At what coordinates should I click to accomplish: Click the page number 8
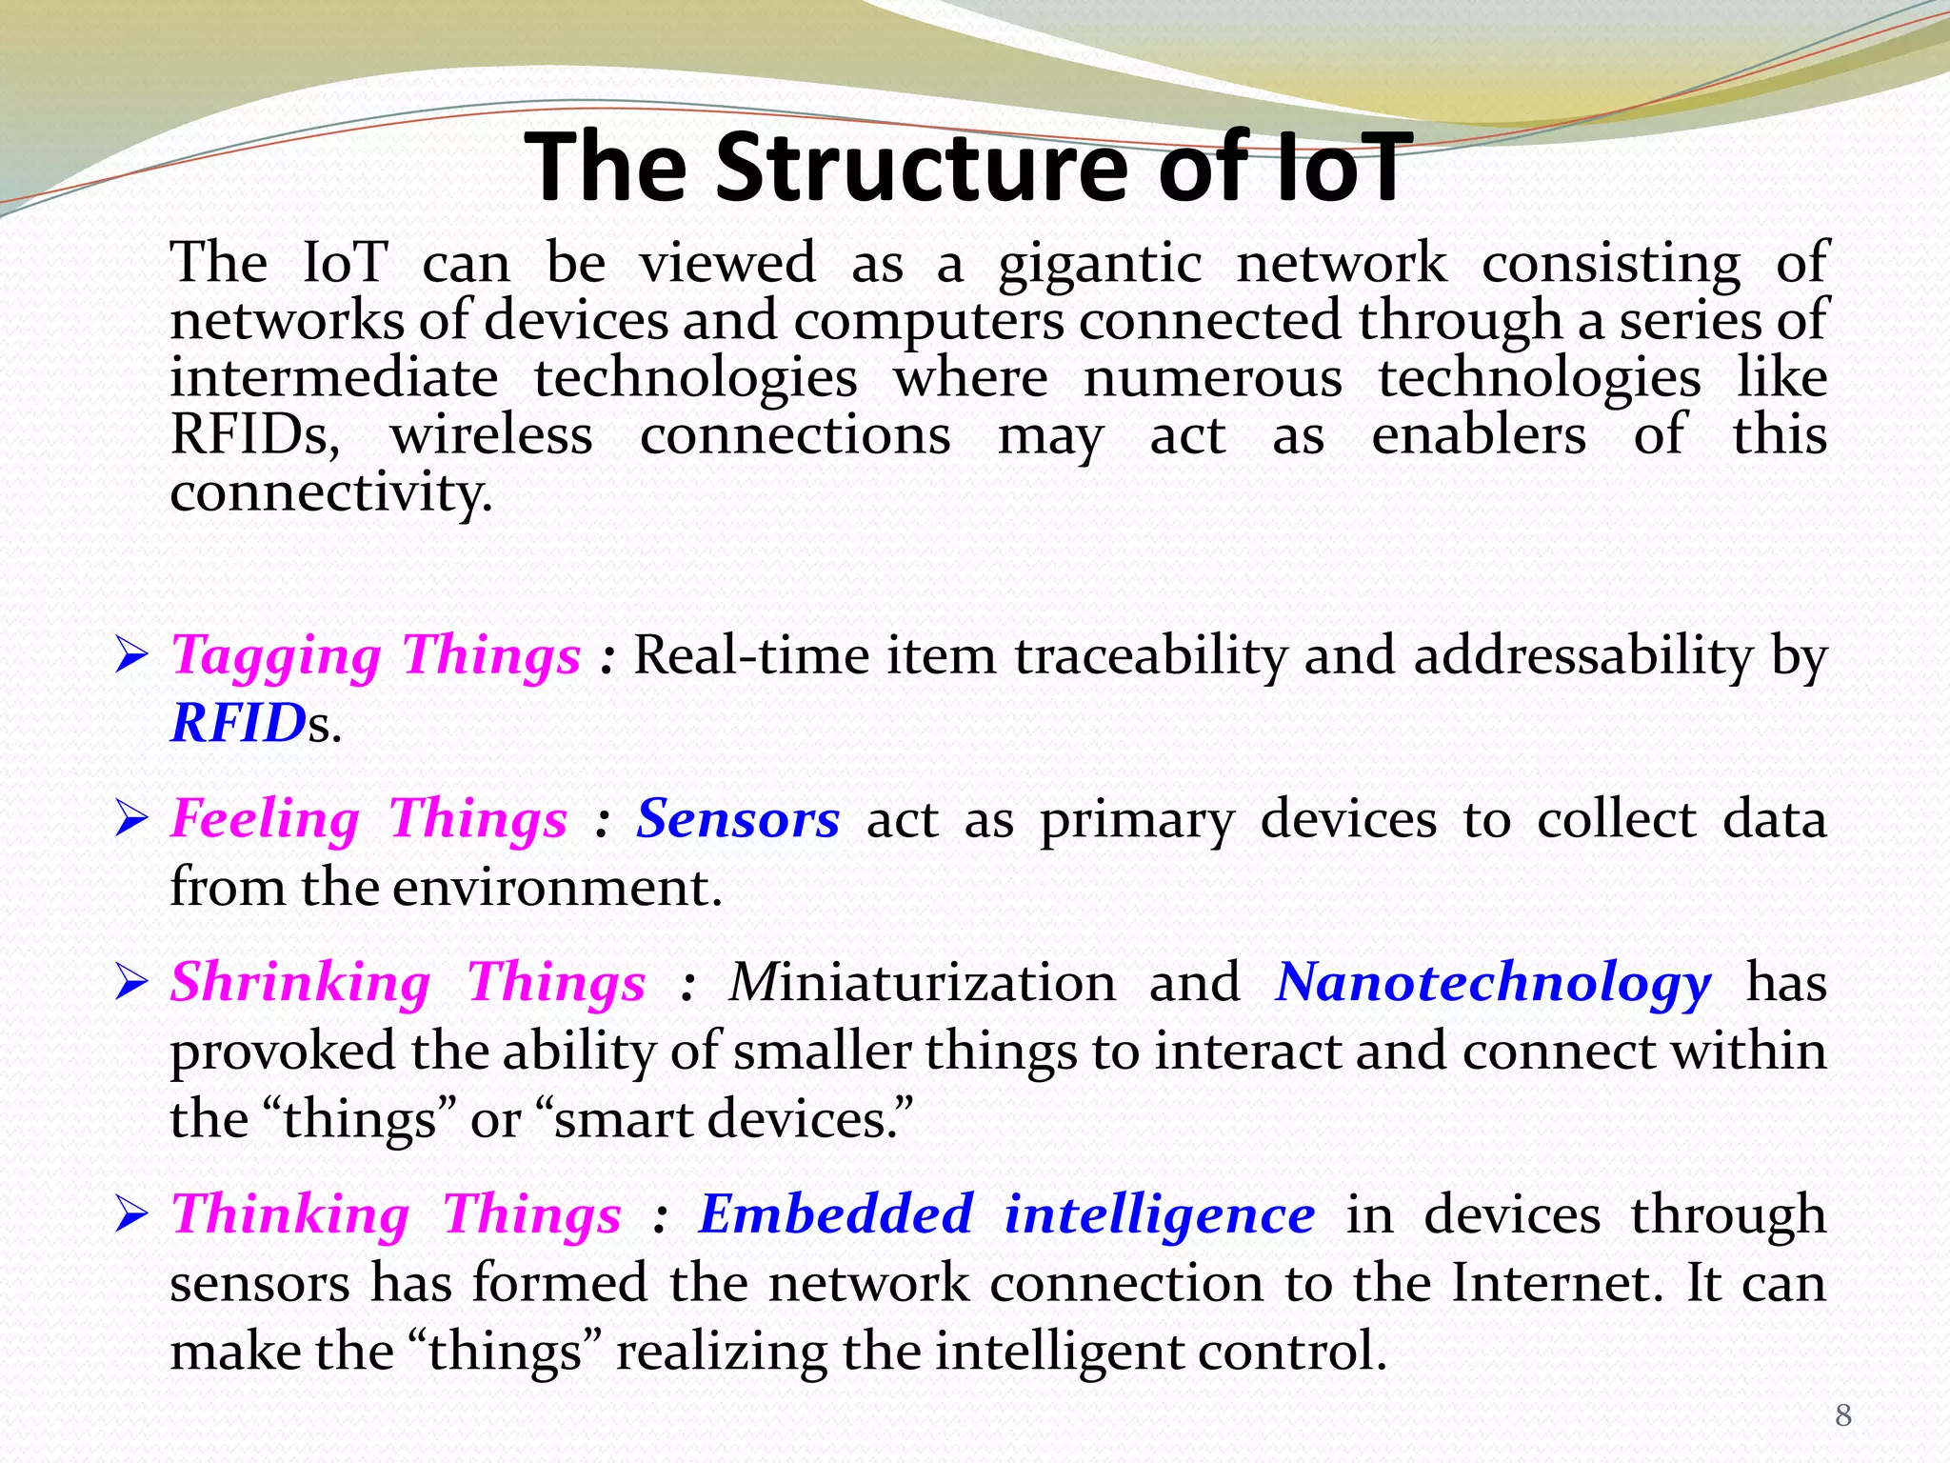point(1843,1415)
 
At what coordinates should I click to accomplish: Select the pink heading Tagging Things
point(375,655)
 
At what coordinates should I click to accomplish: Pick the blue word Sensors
point(738,819)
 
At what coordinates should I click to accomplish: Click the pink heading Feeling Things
point(368,819)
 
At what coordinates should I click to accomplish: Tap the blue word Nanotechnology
point(1492,983)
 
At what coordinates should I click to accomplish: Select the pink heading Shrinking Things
point(408,983)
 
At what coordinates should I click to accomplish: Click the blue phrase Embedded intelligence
point(1005,1214)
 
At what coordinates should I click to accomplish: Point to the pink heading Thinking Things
point(396,1214)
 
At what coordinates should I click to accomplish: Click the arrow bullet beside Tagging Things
point(130,656)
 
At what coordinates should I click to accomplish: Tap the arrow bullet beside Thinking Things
point(130,1215)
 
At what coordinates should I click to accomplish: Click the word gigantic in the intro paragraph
point(1099,265)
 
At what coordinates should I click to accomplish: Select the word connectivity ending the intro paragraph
point(330,493)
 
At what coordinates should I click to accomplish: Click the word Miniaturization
point(922,983)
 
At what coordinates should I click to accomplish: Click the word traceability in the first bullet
point(1150,655)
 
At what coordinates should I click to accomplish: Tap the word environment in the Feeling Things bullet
point(557,888)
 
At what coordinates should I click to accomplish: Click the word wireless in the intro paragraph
point(491,436)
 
